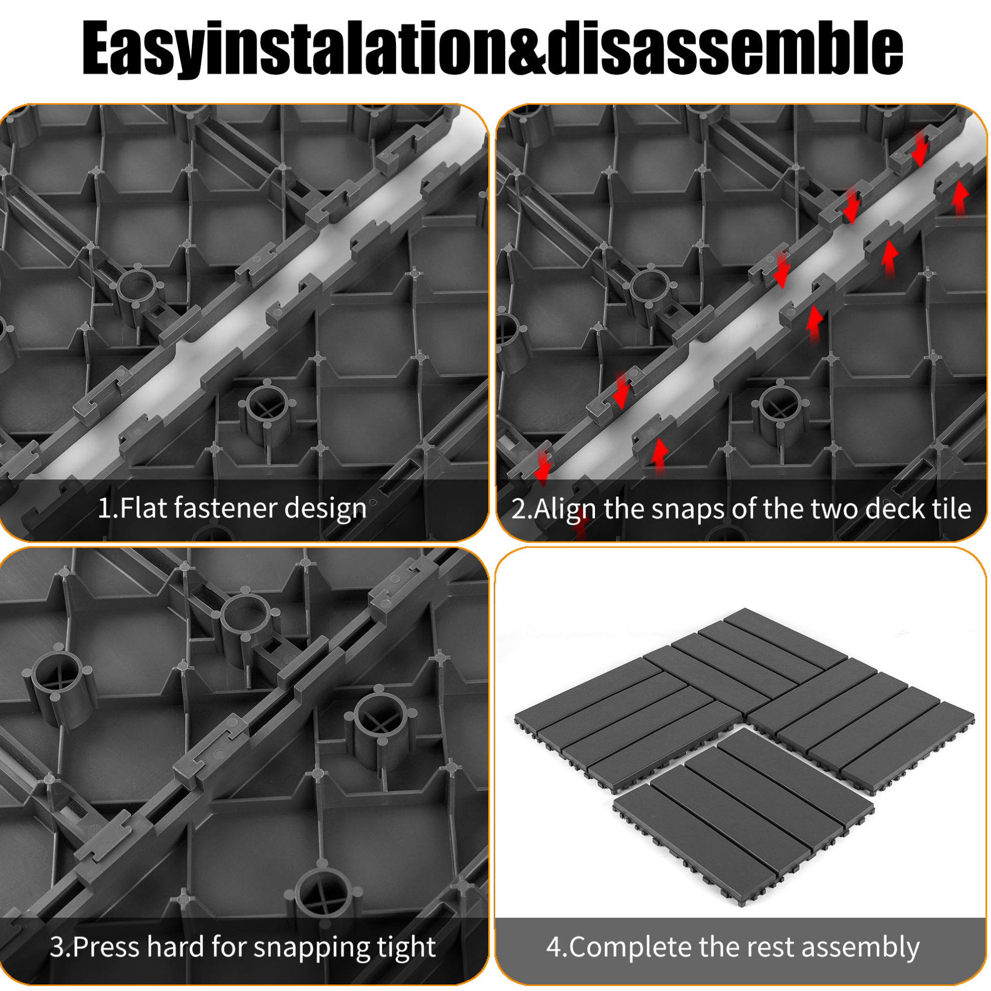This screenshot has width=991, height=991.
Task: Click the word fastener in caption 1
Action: [224, 508]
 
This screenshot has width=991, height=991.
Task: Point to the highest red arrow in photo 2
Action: [920, 148]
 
